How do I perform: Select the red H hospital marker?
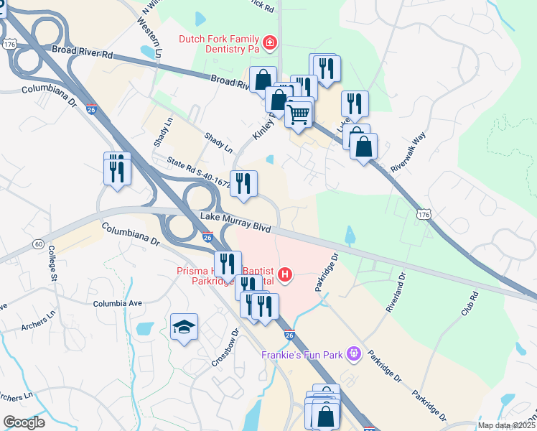(x=286, y=274)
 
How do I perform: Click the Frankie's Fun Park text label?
(x=303, y=354)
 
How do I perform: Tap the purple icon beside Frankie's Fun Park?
(x=352, y=353)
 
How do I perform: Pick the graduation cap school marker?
(x=185, y=328)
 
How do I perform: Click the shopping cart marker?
(x=299, y=113)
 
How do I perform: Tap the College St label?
(x=52, y=263)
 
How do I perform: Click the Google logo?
(x=24, y=422)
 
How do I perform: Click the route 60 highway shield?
(x=39, y=245)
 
